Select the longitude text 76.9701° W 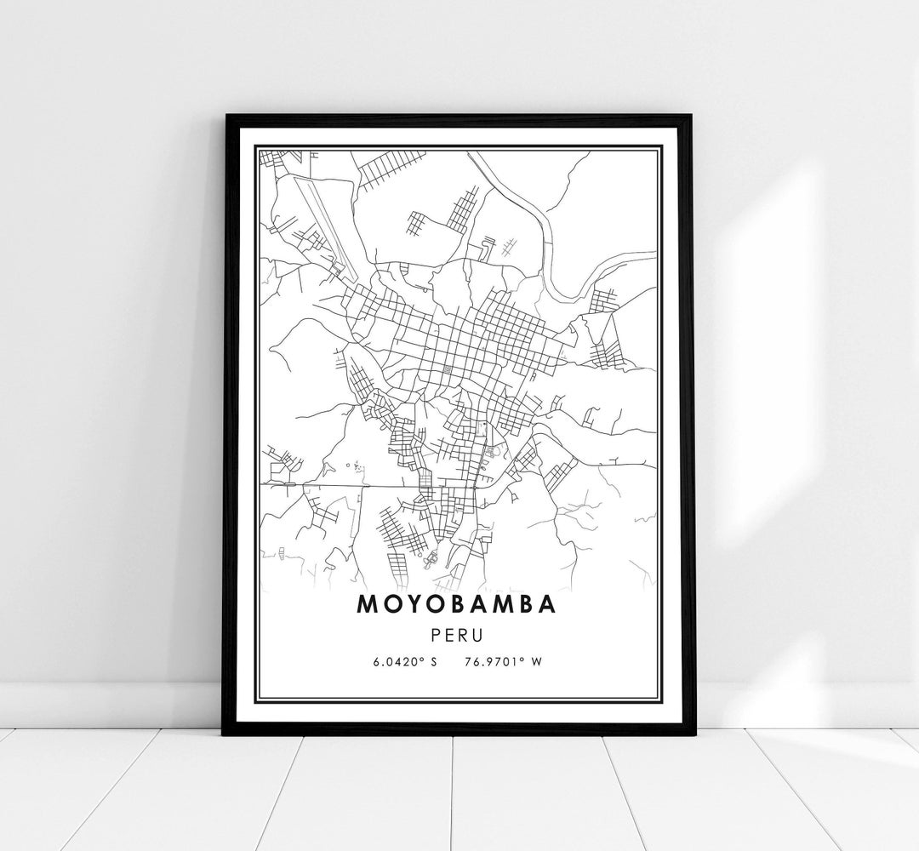[x=503, y=661]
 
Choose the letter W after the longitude [x=536, y=661]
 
